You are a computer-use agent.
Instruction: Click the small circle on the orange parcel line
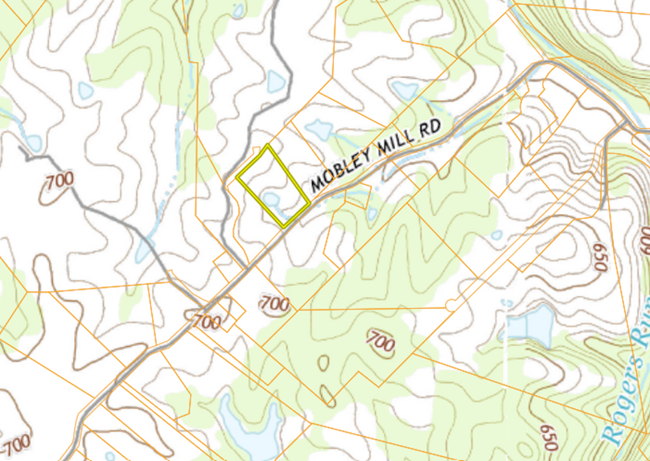pos(450,305)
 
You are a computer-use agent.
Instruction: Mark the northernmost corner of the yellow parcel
pos(268,146)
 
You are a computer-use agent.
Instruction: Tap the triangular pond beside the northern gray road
pos(275,80)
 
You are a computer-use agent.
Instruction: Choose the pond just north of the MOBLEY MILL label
pos(319,128)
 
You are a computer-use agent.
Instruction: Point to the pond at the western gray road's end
pos(32,142)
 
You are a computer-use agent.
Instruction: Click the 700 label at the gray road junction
pos(207,321)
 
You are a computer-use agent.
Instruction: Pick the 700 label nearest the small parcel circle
pos(381,341)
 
